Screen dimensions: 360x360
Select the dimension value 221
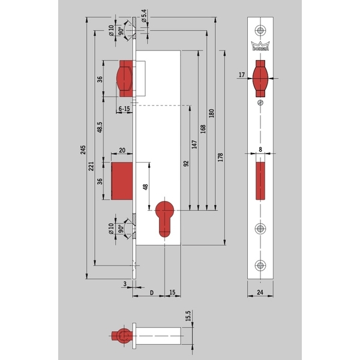click(x=91, y=173)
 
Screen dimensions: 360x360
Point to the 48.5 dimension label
click(x=100, y=129)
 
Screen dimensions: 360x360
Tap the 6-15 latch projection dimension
click(x=124, y=109)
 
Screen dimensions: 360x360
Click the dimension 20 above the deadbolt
click(x=122, y=152)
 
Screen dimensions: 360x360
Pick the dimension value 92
click(x=187, y=163)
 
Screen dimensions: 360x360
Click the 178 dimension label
click(x=220, y=157)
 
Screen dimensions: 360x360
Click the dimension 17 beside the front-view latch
click(x=241, y=74)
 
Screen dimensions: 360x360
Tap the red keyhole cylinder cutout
click(x=165, y=218)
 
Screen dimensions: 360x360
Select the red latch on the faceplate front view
click(x=261, y=80)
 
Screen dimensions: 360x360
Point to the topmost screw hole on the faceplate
click(x=261, y=30)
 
